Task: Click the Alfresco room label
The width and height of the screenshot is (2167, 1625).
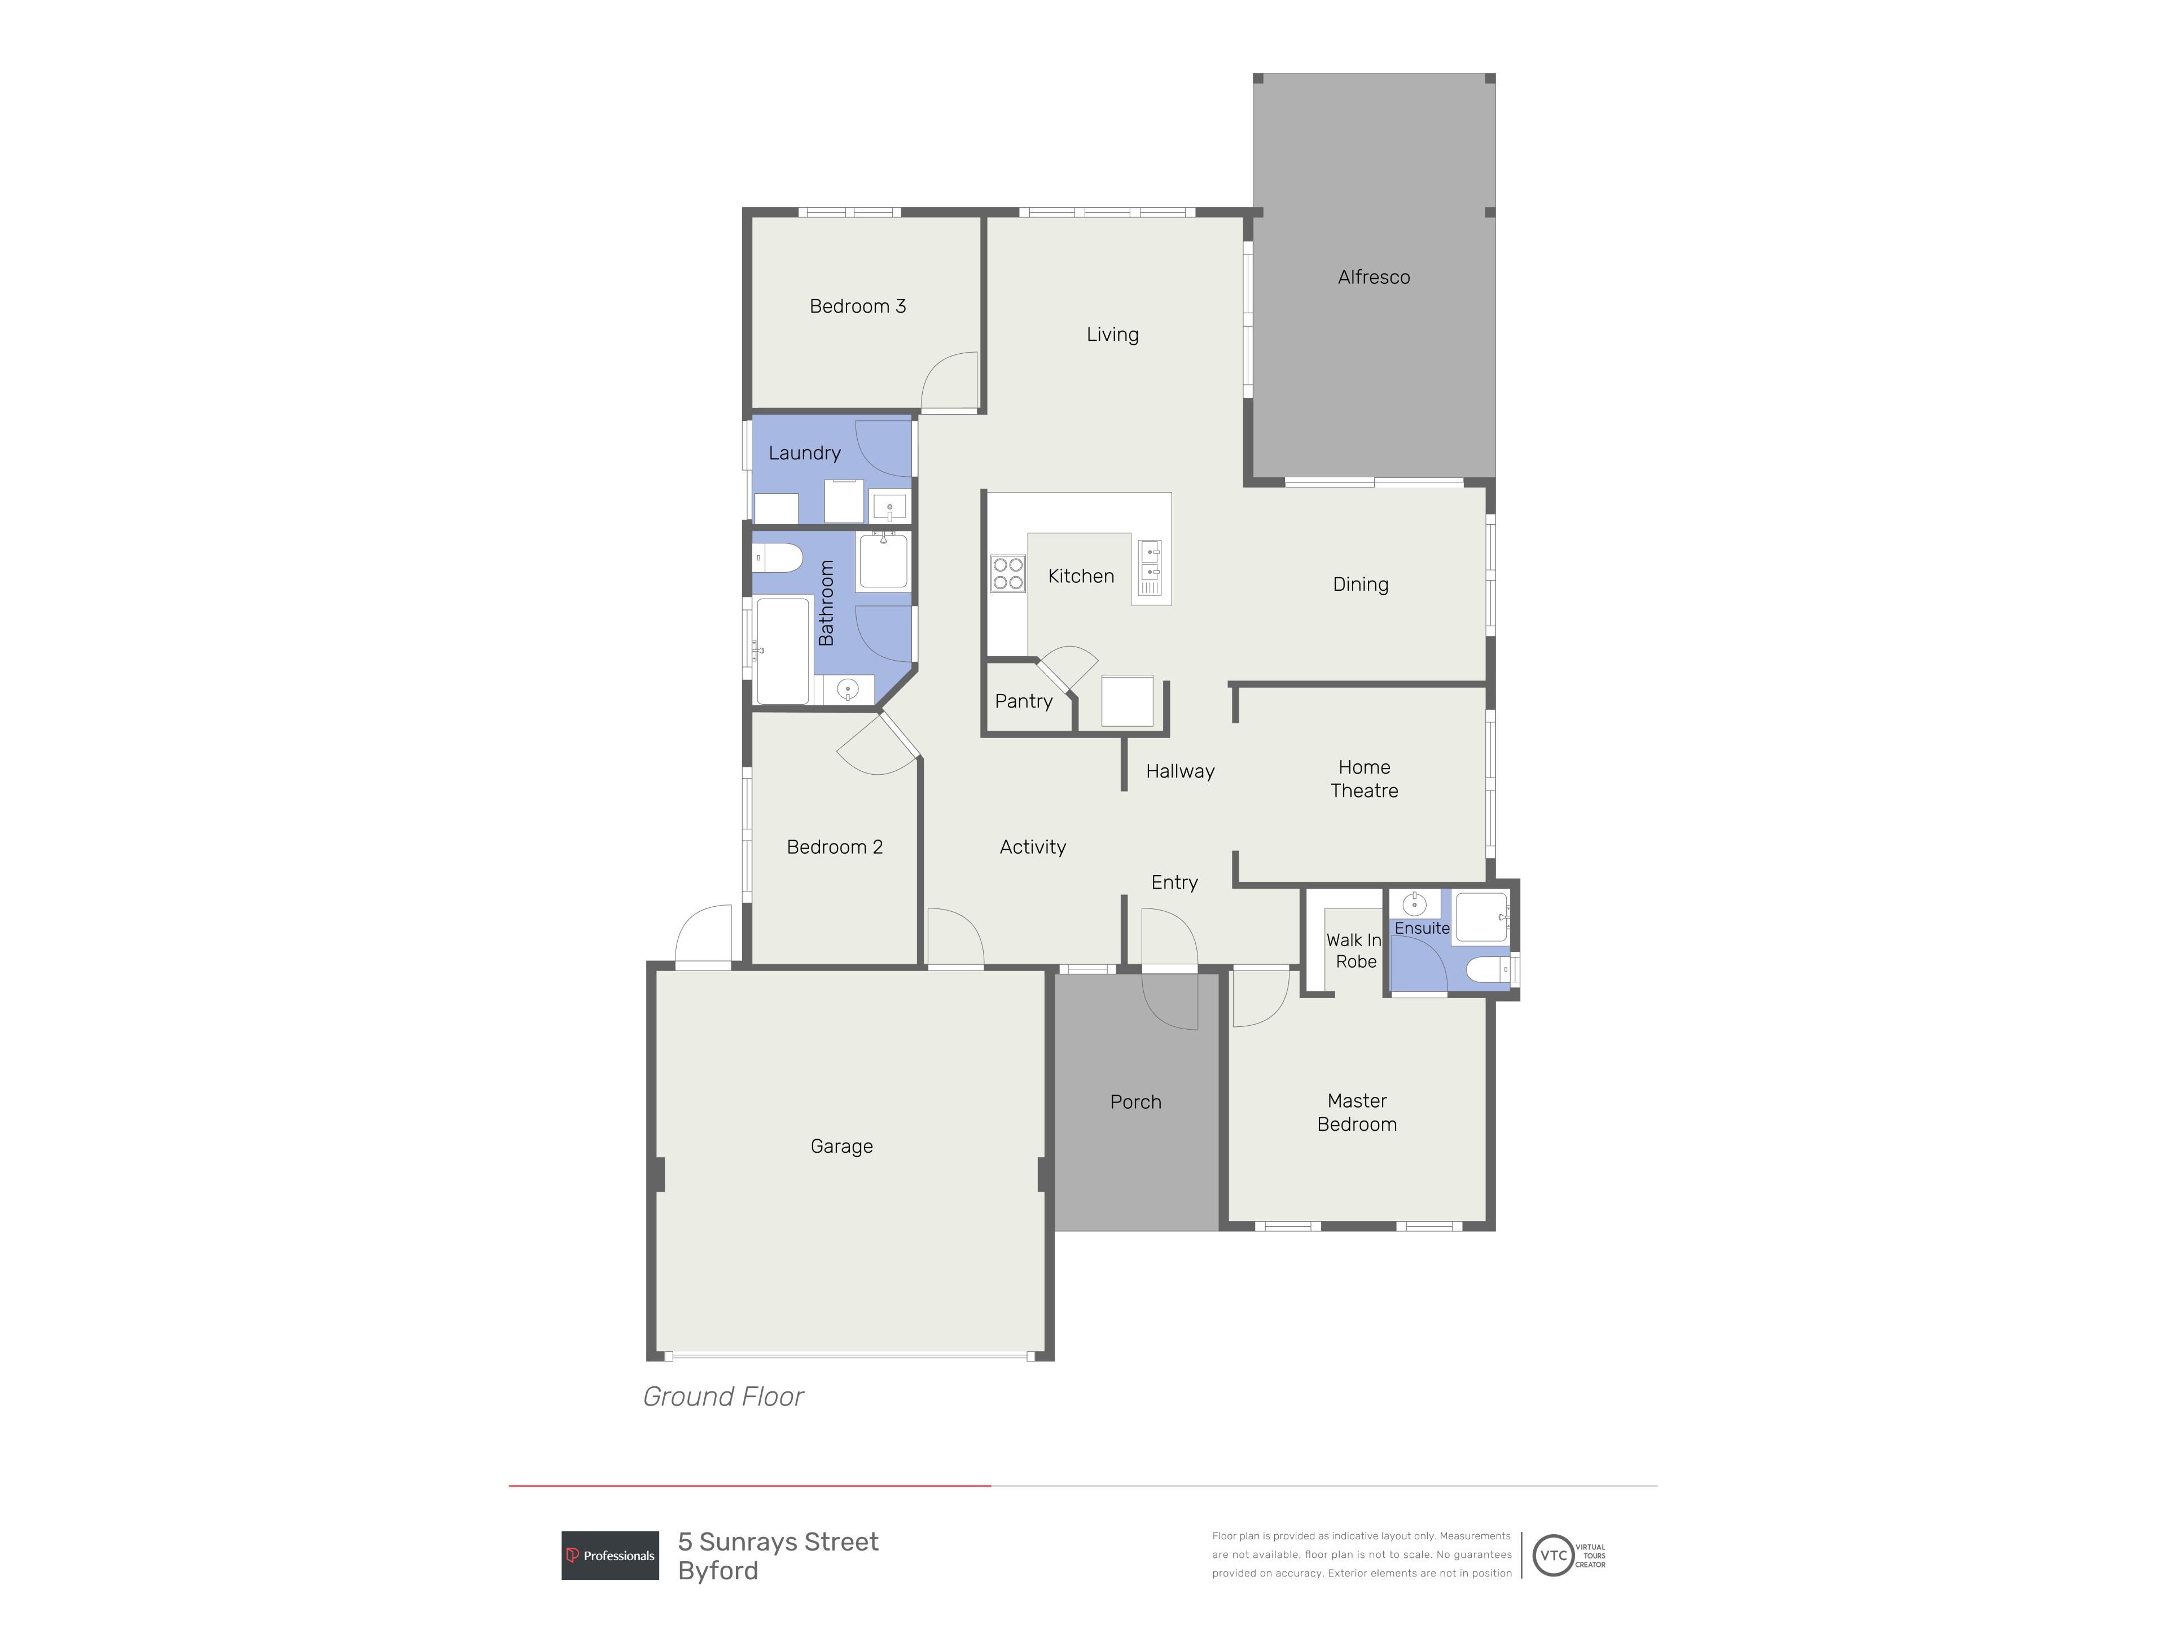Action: click(x=1374, y=277)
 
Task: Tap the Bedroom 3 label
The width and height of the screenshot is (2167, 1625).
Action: click(x=857, y=306)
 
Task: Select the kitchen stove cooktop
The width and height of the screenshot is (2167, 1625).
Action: click(x=1008, y=573)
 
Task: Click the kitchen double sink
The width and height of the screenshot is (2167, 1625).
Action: click(x=1149, y=568)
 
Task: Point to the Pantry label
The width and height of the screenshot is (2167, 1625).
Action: click(x=1024, y=701)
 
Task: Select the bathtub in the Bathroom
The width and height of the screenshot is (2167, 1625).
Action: click(x=783, y=651)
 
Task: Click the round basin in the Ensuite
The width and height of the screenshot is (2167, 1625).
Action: click(x=1414, y=904)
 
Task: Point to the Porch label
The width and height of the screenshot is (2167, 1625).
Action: click(x=1135, y=1102)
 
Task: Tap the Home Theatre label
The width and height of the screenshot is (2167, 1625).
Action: click(x=1363, y=779)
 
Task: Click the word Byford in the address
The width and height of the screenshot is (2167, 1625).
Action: click(x=718, y=1571)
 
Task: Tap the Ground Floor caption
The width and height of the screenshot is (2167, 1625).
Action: click(x=723, y=1397)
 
